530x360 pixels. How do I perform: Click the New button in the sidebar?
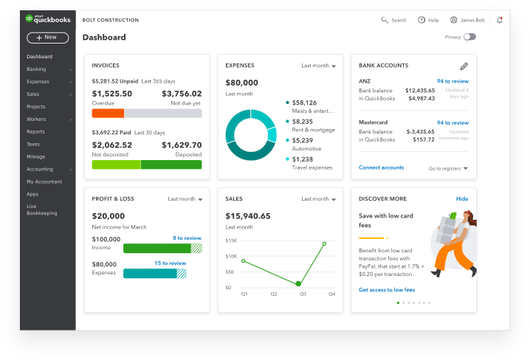point(47,37)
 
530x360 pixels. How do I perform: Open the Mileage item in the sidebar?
point(35,156)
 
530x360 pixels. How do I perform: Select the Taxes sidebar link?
point(33,144)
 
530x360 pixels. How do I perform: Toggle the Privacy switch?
point(469,37)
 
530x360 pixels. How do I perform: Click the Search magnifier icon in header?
point(385,20)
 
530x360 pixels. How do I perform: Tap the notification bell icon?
point(500,20)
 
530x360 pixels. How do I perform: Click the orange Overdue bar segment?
point(108,113)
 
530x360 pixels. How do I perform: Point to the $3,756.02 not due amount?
point(182,94)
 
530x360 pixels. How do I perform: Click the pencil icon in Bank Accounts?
point(464,66)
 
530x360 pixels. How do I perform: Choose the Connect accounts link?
point(381,167)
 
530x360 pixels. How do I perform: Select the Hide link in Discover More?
point(462,198)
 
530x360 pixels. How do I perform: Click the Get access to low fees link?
point(387,290)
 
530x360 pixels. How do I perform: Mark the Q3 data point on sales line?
point(298,283)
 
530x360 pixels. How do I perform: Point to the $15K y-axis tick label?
point(231,240)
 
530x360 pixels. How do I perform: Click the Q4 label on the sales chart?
point(331,294)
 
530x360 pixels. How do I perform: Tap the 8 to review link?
point(187,238)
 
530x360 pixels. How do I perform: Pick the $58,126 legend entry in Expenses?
point(304,103)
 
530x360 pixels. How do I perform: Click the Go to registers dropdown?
point(448,168)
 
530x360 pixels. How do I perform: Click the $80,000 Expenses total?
point(241,83)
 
